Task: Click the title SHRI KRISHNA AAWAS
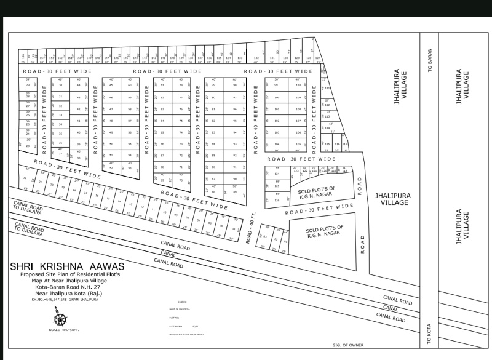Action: [67, 266]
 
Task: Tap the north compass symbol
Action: [60, 319]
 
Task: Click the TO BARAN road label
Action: [430, 61]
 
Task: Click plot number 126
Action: [277, 200]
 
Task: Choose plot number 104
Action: [277, 144]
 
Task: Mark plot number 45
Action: [111, 86]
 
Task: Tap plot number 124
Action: [277, 174]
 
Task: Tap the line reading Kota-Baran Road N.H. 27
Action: [67, 286]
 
